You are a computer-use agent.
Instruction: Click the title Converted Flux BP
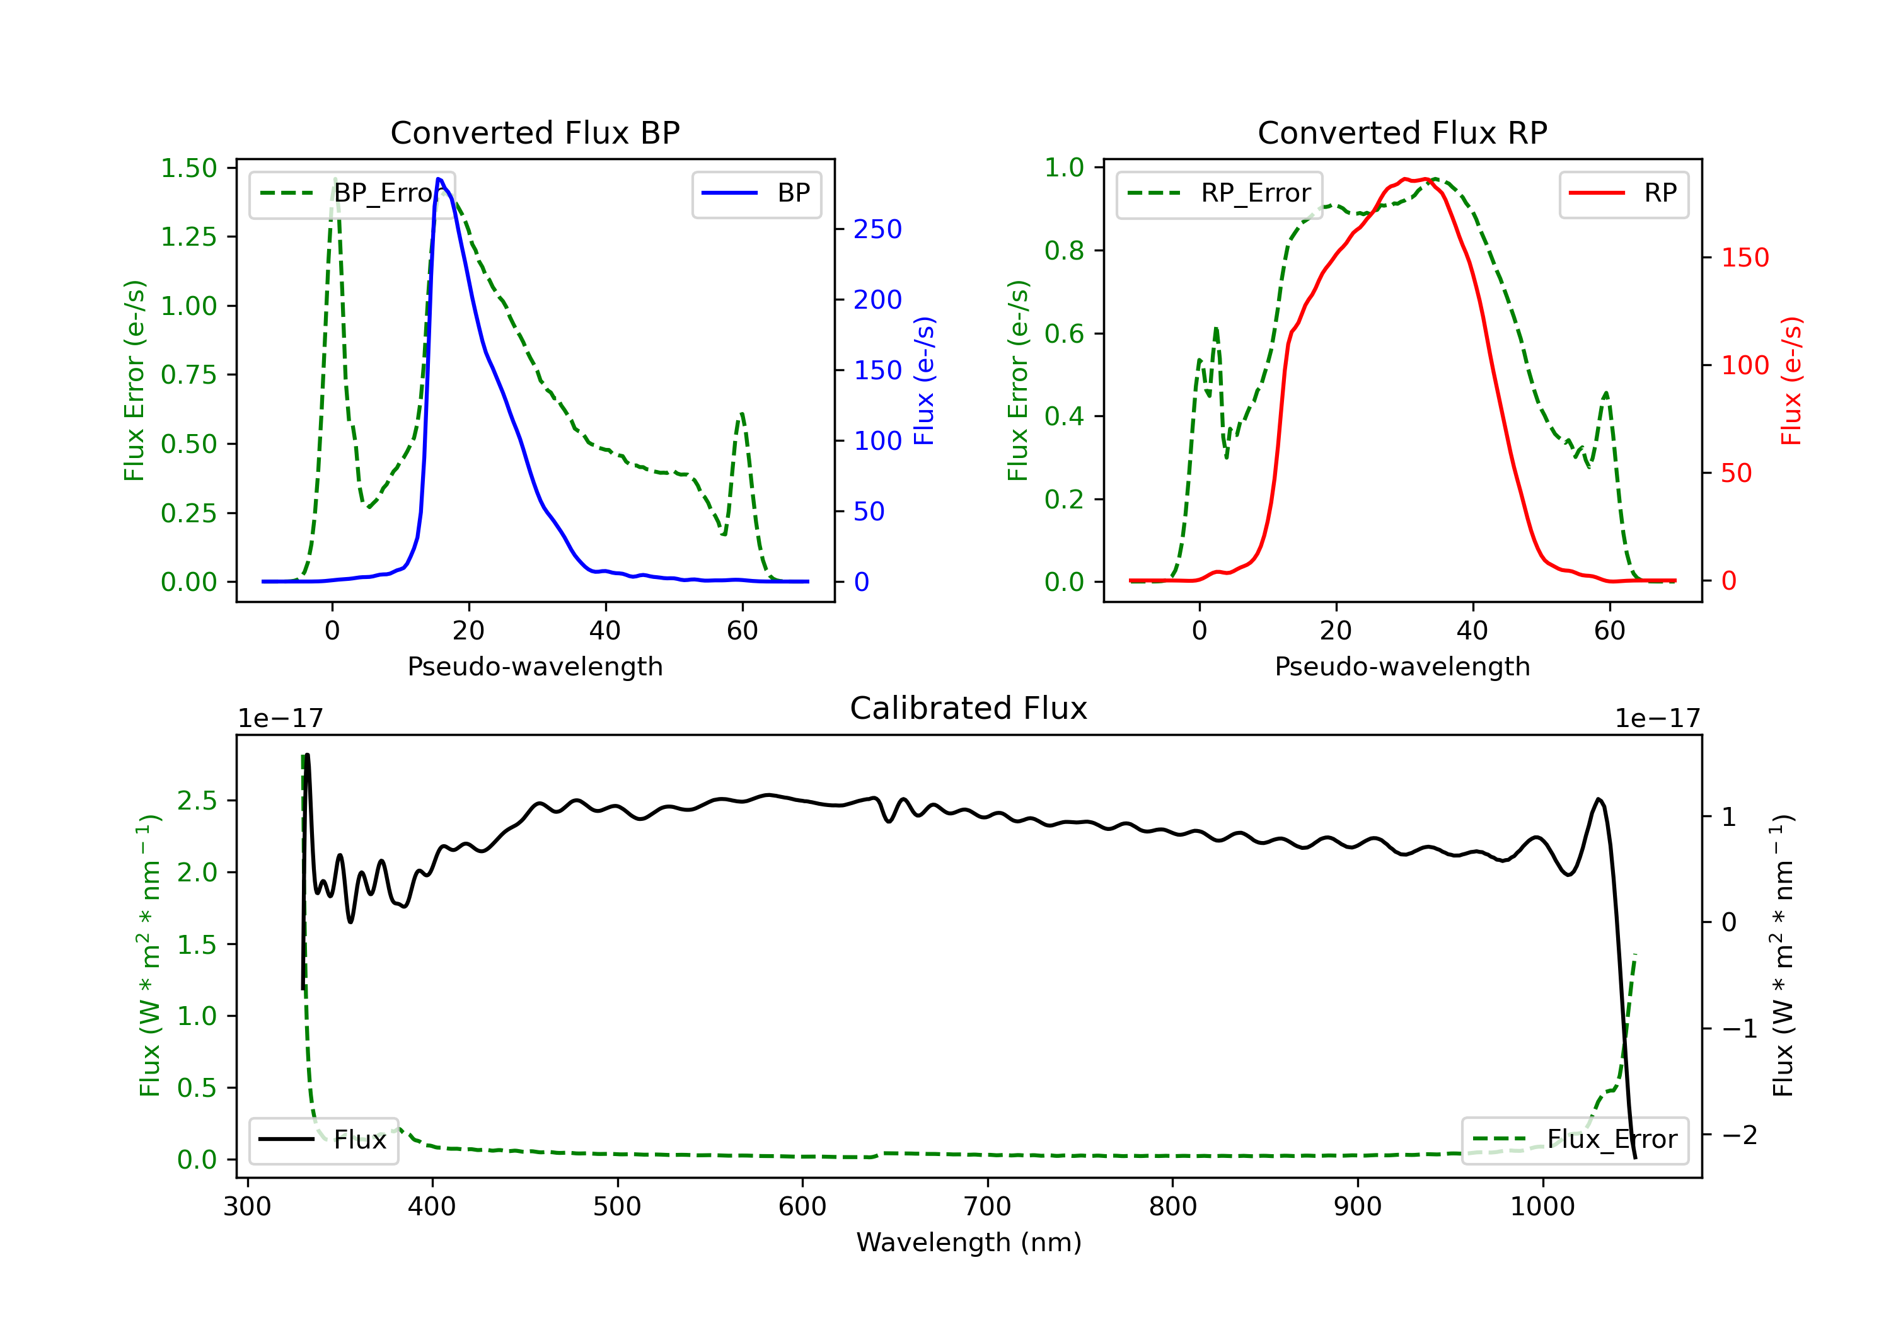(x=535, y=132)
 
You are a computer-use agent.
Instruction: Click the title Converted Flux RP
(x=1402, y=132)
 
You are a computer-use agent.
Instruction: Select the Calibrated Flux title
(x=969, y=708)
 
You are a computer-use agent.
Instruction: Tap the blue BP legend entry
(x=756, y=193)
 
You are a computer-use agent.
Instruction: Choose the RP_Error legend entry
(x=1219, y=193)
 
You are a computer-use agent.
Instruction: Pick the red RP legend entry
(x=1623, y=193)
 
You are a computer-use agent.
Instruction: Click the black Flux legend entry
(x=323, y=1140)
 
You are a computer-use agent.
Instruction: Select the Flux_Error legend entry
(x=1574, y=1140)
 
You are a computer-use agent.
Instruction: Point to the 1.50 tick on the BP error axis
(x=188, y=168)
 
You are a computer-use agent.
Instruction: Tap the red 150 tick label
(x=1745, y=258)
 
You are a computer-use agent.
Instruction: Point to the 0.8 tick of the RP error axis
(x=1064, y=250)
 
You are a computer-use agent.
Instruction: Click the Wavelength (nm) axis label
(x=969, y=1242)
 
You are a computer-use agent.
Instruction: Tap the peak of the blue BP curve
(x=439, y=179)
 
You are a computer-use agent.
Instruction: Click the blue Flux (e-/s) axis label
(x=924, y=381)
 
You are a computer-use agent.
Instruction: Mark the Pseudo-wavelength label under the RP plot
(x=1402, y=666)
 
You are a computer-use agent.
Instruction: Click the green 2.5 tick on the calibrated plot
(x=197, y=800)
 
